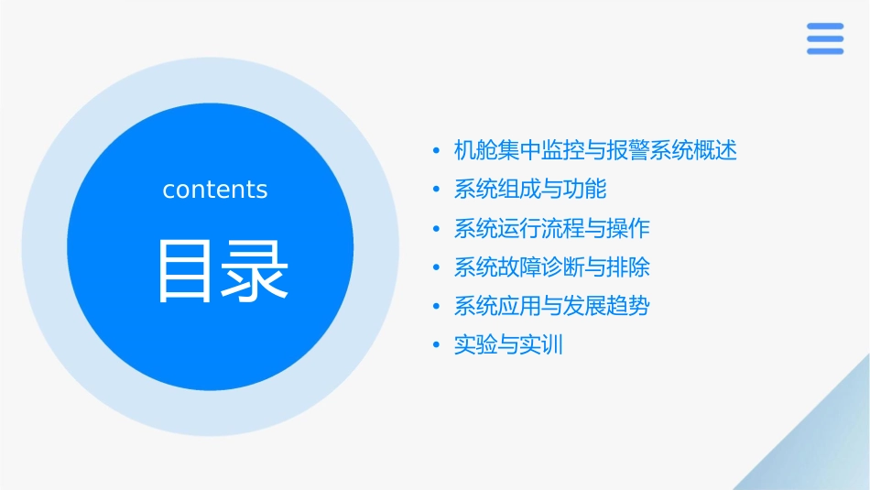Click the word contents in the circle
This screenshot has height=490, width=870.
pos(215,190)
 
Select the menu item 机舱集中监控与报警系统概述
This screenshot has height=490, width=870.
pos(595,150)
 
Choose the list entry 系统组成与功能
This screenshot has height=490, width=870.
pos(530,190)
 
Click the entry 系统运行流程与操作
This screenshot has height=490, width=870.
pos(551,228)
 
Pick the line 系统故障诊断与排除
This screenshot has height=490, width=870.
pos(551,267)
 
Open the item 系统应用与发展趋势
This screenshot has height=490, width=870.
pos(551,306)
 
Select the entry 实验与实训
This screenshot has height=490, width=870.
pos(508,345)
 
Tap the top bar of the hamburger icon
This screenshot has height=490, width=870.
pos(825,27)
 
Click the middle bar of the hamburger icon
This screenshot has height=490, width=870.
pos(825,38)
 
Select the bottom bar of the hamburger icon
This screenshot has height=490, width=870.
pos(825,51)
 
